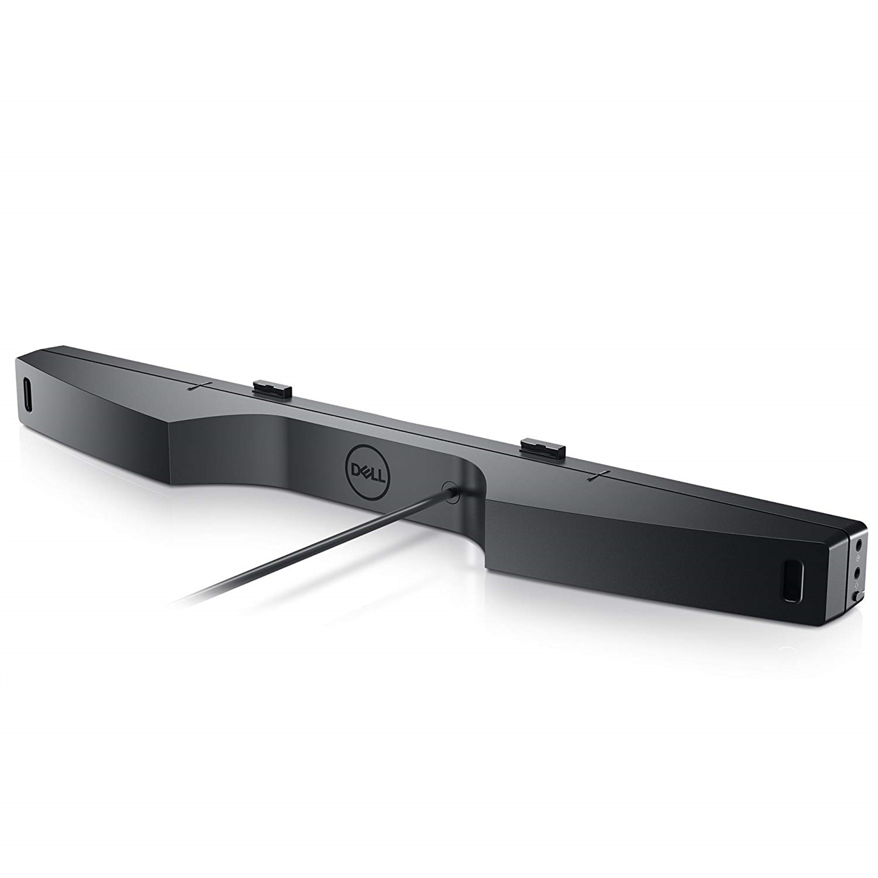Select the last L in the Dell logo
click(x=381, y=476)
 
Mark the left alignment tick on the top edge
click(x=197, y=386)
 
